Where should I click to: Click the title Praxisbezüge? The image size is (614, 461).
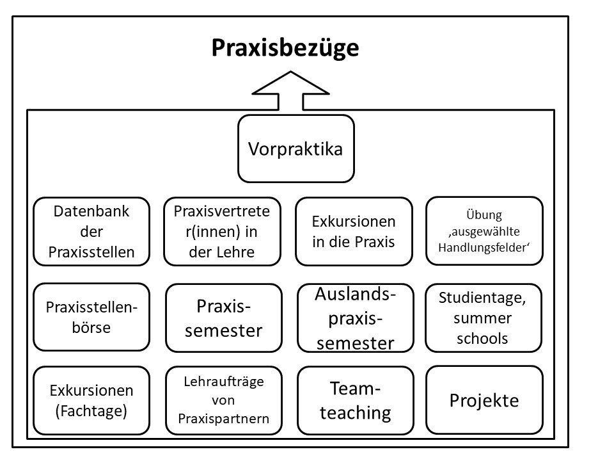(285, 49)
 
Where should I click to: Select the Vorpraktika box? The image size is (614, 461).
(295, 149)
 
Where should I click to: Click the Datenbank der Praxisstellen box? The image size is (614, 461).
(91, 231)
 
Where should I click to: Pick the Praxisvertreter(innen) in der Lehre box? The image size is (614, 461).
(222, 231)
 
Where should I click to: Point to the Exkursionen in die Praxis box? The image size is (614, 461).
(354, 231)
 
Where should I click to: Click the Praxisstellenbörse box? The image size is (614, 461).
(91, 318)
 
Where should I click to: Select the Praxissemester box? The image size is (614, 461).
(223, 318)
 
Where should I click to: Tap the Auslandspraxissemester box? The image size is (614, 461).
(356, 318)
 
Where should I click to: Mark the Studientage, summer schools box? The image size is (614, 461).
(483, 318)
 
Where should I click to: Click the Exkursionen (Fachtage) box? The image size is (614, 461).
(91, 400)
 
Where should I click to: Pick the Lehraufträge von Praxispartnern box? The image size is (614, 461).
(223, 400)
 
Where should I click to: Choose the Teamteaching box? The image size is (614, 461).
(356, 400)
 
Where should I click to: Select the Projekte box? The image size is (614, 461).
(484, 400)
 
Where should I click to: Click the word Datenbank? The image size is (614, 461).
(91, 211)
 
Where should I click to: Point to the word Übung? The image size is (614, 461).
(484, 216)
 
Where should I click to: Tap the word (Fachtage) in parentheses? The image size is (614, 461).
(91, 410)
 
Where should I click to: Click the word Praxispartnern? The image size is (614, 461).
(223, 419)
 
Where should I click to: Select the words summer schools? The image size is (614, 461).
(483, 328)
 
